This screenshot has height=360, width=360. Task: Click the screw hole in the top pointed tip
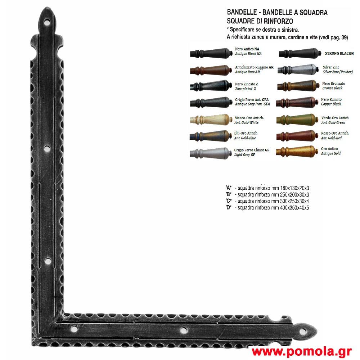[x=47, y=22]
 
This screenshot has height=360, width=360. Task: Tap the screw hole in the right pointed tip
[x=302, y=331]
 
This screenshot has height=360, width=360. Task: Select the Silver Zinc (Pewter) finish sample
[x=298, y=69]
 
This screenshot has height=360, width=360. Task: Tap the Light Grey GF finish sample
[x=211, y=153]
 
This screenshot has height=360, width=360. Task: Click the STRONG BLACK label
[x=339, y=54]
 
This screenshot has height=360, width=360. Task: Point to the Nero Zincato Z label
[x=246, y=84]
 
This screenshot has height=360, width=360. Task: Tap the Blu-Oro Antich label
[x=246, y=133]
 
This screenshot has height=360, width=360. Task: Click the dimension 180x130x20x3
[x=294, y=188]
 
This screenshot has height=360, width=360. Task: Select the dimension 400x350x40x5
[x=294, y=208]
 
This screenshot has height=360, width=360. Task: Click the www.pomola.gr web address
[x=301, y=351]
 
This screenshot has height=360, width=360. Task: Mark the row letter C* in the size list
[x=229, y=201]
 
